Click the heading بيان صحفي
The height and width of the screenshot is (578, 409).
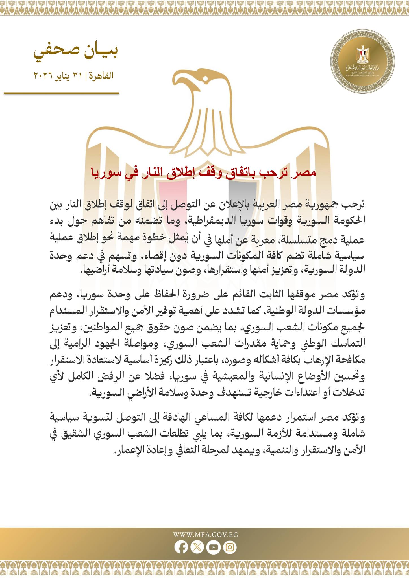point(76,52)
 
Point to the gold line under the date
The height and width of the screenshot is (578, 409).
point(62,93)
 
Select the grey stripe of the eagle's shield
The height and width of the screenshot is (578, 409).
point(242,198)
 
